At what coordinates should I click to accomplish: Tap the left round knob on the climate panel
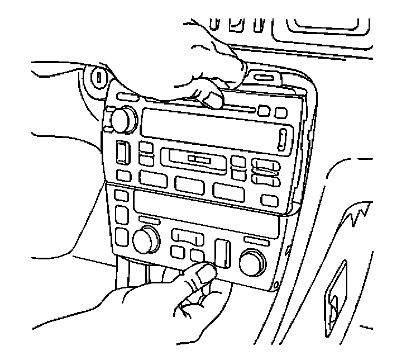click(x=145, y=240)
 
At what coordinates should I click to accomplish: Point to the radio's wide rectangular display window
click(x=207, y=126)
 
